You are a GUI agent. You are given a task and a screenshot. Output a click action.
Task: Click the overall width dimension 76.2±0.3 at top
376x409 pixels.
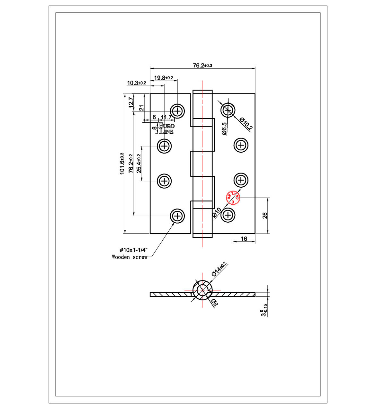pyautogui.click(x=202, y=66)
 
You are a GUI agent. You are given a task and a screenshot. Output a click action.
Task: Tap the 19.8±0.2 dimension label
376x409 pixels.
pyautogui.click(x=164, y=78)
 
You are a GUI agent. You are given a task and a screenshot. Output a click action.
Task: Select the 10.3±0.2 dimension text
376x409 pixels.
pyautogui.click(x=136, y=83)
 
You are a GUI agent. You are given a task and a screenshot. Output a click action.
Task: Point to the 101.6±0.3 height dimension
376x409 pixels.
pyautogui.click(x=122, y=164)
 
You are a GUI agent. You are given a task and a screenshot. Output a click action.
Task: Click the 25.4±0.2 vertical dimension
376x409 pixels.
pyautogui.click(x=139, y=164)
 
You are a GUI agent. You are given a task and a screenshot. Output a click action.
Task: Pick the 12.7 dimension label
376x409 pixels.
pyautogui.click(x=131, y=102)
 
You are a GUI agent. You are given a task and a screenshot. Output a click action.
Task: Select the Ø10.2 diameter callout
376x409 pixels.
pyautogui.click(x=246, y=124)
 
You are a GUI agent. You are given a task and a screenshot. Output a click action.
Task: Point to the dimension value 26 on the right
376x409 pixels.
pyautogui.click(x=265, y=216)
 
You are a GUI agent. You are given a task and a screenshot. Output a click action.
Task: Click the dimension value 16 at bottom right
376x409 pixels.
pyautogui.click(x=244, y=238)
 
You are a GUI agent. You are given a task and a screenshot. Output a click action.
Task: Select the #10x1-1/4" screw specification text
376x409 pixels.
pyautogui.click(x=133, y=250)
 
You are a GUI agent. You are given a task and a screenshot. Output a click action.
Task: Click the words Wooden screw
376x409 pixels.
pyautogui.click(x=130, y=257)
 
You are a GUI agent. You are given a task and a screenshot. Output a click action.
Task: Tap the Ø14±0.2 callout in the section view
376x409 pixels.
pyautogui.click(x=219, y=269)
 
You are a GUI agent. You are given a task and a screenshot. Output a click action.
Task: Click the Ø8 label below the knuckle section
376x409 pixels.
pyautogui.click(x=214, y=303)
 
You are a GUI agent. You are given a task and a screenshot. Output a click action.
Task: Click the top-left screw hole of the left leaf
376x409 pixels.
pyautogui.click(x=177, y=111)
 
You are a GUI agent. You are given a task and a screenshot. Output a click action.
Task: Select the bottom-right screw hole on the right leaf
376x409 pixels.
pyautogui.click(x=228, y=215)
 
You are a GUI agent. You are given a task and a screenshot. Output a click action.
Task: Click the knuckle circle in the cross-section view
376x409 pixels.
pyautogui.click(x=202, y=290)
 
